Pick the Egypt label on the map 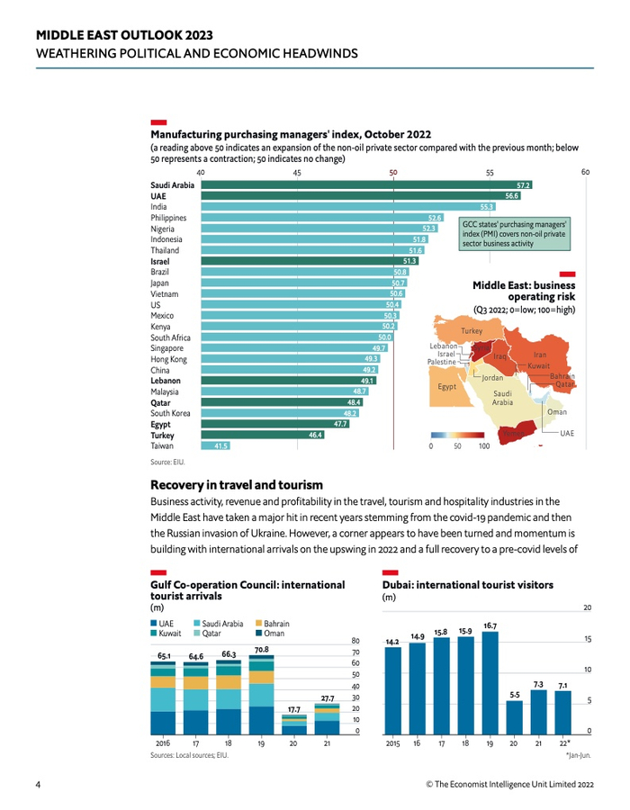[x=448, y=386]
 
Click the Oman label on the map [x=557, y=411]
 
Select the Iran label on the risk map [x=540, y=355]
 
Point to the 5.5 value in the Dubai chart [x=514, y=694]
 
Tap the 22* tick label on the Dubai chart [x=562, y=743]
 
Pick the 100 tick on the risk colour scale [x=483, y=445]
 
